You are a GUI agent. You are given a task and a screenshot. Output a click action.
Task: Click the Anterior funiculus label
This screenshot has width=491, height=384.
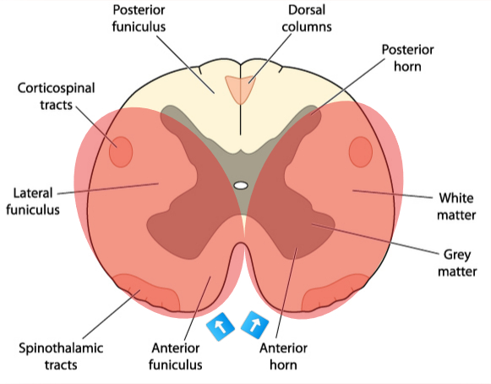tap(175, 356)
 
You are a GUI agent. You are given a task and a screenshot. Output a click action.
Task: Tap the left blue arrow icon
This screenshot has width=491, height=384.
tap(221, 326)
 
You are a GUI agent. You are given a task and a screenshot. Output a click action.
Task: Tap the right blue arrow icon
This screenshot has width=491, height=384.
tap(255, 326)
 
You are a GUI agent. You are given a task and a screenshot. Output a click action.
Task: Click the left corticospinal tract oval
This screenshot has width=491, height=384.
tap(121, 151)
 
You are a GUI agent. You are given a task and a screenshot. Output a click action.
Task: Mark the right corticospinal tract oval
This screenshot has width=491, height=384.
tap(361, 151)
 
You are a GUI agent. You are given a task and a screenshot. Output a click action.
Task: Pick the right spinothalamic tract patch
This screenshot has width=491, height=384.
tap(340, 291)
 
